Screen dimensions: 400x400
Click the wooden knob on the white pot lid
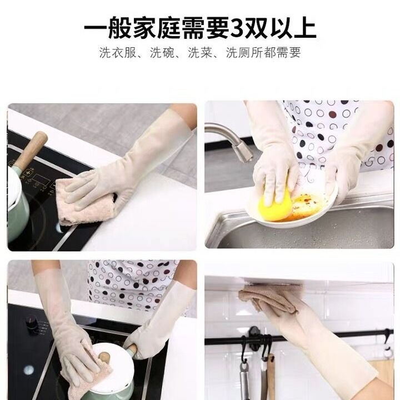[104, 357]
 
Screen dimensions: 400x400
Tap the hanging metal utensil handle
[244, 381]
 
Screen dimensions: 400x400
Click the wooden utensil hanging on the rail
[270, 378]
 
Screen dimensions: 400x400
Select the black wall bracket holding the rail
[254, 337]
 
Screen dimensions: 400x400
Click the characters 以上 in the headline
[293, 27]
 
